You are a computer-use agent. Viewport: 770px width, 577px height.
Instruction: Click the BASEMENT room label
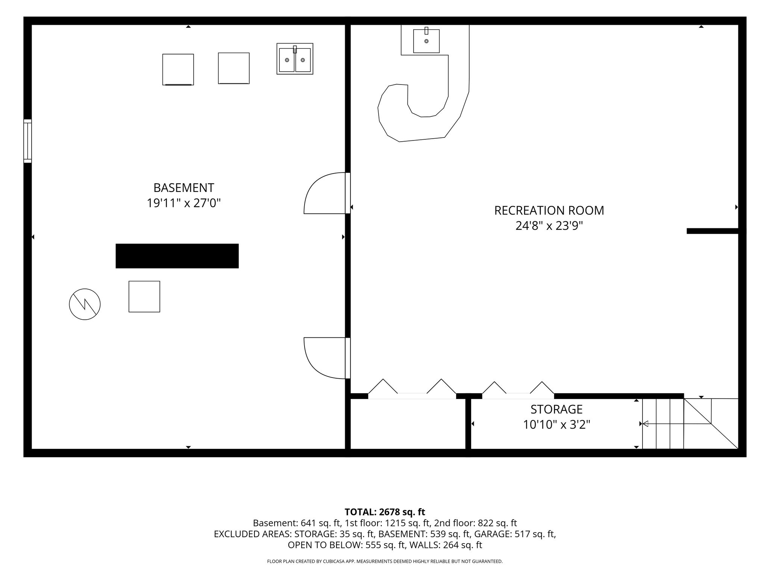click(184, 187)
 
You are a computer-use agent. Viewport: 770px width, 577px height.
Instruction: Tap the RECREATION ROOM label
click(549, 210)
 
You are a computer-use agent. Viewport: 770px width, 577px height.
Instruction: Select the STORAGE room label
click(556, 409)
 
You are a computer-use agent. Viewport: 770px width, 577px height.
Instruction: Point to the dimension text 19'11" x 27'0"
click(183, 203)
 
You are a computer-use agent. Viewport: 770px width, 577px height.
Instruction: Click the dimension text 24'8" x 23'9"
click(549, 226)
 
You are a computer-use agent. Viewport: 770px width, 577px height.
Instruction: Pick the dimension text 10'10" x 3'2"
click(556, 425)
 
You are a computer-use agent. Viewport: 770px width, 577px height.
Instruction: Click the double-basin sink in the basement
click(295, 59)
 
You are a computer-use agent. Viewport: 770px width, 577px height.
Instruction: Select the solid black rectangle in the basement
click(177, 256)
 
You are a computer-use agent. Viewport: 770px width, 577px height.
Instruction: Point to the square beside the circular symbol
click(144, 296)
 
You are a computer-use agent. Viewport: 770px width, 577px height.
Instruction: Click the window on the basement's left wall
click(27, 141)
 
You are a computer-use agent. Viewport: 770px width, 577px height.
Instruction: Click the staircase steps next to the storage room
click(663, 424)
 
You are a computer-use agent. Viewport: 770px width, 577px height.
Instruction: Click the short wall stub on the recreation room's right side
click(713, 231)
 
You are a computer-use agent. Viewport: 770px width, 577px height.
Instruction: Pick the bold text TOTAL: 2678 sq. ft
click(385, 512)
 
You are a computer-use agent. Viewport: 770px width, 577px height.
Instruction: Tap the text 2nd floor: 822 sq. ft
click(475, 523)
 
